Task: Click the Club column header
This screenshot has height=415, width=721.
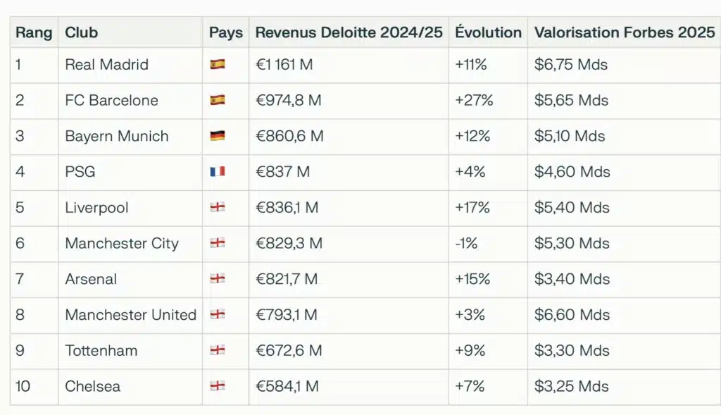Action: pyautogui.click(x=82, y=32)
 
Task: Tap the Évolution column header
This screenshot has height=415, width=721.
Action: pyautogui.click(x=488, y=32)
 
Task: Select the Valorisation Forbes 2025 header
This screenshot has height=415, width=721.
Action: pyautogui.click(x=625, y=32)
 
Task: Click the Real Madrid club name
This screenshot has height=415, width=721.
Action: pyautogui.click(x=106, y=65)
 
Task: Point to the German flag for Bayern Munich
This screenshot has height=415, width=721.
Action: pyautogui.click(x=218, y=136)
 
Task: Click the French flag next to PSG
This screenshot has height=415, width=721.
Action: pyautogui.click(x=218, y=172)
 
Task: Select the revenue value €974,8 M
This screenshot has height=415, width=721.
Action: pyautogui.click(x=288, y=101)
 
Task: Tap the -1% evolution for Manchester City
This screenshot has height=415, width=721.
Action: pyautogui.click(x=467, y=244)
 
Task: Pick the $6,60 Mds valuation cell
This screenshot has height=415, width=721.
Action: pyautogui.click(x=572, y=315)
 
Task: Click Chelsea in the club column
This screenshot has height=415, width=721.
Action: pyautogui.click(x=92, y=386)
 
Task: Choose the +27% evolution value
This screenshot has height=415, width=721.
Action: pyautogui.click(x=474, y=101)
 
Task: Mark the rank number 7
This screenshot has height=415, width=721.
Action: pyautogui.click(x=20, y=279)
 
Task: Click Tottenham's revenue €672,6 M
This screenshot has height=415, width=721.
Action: pyautogui.click(x=288, y=351)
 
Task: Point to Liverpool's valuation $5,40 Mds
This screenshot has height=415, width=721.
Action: pyautogui.click(x=572, y=208)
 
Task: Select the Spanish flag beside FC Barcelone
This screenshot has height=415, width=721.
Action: pyautogui.click(x=218, y=101)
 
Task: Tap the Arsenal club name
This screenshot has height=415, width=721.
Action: pyautogui.click(x=91, y=279)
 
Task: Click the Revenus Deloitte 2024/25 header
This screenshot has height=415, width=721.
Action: pyautogui.click(x=349, y=32)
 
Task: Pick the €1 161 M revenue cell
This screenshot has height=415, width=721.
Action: pyautogui.click(x=284, y=65)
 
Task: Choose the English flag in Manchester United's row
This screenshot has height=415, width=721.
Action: pyautogui.click(x=218, y=315)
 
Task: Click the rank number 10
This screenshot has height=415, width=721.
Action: pyautogui.click(x=23, y=386)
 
